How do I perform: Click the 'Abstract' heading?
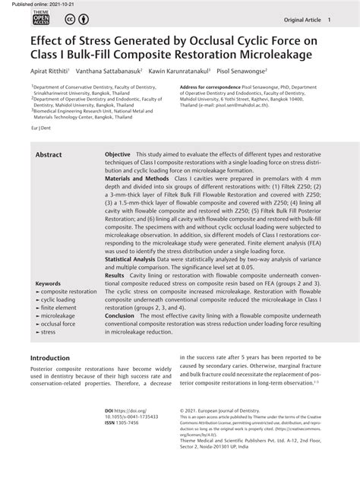tap(49, 154)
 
